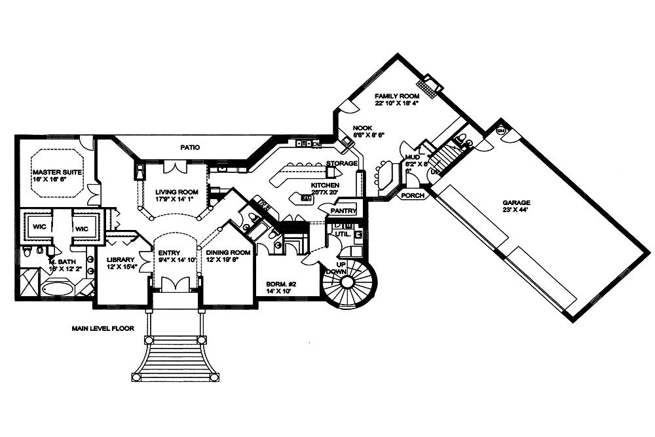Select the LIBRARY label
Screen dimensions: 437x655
121,259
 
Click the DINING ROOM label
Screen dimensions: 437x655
228,252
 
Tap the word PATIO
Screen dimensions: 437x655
191,147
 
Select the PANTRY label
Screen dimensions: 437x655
343,211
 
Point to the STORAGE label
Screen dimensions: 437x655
341,163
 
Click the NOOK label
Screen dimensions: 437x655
363,128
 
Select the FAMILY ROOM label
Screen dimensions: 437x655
397,96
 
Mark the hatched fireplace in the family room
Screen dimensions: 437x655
430,84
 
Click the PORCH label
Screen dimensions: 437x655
412,195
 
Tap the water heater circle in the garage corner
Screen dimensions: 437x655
501,130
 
